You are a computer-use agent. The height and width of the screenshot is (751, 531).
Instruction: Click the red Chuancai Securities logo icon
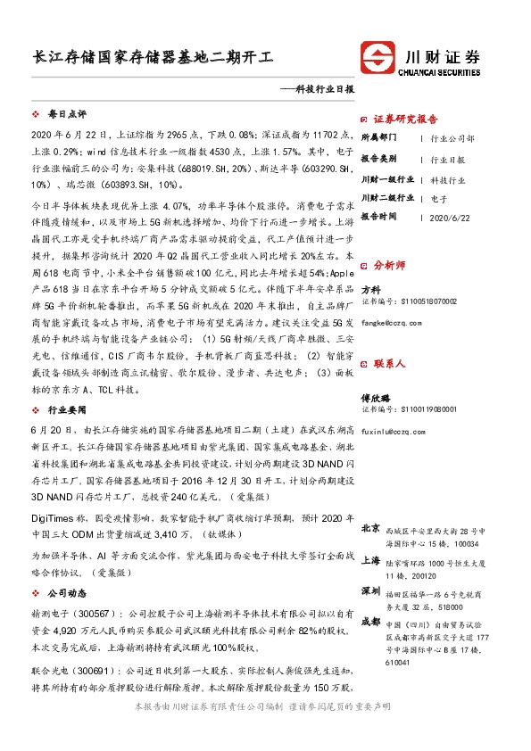coord(379,57)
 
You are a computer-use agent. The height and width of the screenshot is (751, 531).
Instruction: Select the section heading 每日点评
coord(67,115)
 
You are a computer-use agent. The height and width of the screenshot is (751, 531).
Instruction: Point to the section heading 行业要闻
coord(67,409)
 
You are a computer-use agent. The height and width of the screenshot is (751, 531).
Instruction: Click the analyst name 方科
coord(370,290)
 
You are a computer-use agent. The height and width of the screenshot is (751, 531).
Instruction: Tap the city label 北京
coord(369,529)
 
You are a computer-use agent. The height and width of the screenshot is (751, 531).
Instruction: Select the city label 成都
coord(369,621)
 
